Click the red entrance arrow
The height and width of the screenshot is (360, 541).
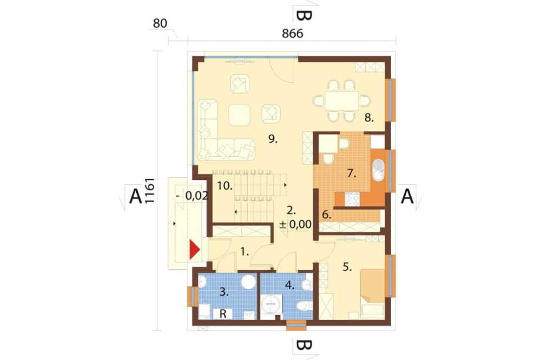point(194,250)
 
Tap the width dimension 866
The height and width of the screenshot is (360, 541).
point(293,34)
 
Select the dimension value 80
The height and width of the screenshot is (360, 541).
point(160,23)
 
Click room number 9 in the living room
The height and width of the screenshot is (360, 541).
point(273,139)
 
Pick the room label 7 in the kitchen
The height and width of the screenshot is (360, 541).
point(352,173)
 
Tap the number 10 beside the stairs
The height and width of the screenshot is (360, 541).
point(225,186)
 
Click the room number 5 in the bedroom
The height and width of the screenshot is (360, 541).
point(347,266)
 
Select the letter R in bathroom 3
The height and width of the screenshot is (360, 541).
point(223,314)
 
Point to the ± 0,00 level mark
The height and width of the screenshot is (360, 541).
point(295,224)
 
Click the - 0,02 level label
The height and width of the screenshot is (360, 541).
point(192,196)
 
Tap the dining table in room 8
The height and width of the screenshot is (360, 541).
point(342,101)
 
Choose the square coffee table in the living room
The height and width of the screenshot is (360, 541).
point(240,115)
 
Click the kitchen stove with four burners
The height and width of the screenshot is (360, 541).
point(352,199)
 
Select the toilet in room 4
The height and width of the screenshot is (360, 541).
point(304,305)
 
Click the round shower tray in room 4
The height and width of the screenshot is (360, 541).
point(271,304)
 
